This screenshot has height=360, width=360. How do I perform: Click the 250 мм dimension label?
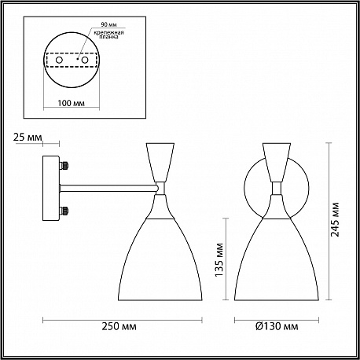[119, 326]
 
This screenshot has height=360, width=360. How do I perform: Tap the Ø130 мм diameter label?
[277, 326]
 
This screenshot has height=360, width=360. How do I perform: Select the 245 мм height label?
[335, 219]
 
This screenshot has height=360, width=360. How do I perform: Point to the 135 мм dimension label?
[219, 260]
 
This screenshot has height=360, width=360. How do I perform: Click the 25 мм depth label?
[28, 137]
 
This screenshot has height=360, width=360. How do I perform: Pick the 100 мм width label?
[71, 103]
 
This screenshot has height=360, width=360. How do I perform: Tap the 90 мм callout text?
[108, 24]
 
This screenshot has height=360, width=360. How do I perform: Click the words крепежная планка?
[109, 35]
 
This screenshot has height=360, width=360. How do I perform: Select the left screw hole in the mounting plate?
[59, 60]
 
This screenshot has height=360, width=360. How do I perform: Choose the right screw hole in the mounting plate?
[84, 60]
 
